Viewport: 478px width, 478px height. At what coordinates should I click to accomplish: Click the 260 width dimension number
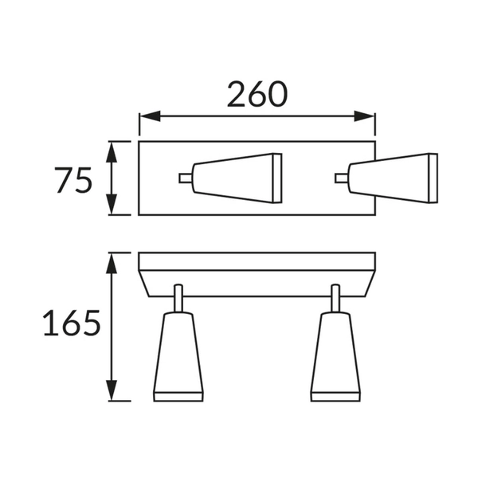coord(257,95)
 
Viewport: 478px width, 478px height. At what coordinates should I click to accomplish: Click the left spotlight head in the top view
coord(239,178)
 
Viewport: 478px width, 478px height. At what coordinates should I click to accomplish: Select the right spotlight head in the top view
coord(394,178)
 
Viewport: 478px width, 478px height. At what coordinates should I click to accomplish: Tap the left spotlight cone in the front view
coord(178,351)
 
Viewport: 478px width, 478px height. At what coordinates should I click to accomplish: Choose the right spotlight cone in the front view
coord(335,351)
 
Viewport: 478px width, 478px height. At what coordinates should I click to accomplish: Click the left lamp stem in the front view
coord(178,299)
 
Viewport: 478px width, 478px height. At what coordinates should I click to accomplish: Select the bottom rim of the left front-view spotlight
coord(178,396)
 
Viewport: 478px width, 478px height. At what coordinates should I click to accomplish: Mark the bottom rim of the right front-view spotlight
coord(335,396)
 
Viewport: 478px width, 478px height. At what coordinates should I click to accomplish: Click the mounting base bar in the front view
coord(257,262)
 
